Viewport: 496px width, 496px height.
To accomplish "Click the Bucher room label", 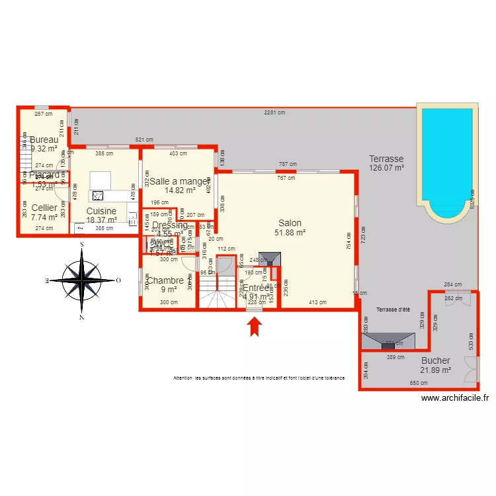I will coord(435,360).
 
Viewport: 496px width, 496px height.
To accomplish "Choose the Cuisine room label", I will coord(101,211).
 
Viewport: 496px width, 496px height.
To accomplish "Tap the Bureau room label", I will coord(44,140).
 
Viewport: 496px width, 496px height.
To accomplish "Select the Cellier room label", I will coord(44,208).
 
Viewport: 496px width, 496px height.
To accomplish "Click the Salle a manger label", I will coord(179,181).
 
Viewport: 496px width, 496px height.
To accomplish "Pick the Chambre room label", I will coord(165,280).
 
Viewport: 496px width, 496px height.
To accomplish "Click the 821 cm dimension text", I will coord(144,140).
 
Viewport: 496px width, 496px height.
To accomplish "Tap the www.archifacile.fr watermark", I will coord(455,398).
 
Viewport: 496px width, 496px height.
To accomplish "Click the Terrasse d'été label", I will coord(394,310).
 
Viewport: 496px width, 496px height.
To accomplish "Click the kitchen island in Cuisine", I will coord(100,179).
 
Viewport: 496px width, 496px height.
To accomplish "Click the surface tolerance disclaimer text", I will coord(259,378).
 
